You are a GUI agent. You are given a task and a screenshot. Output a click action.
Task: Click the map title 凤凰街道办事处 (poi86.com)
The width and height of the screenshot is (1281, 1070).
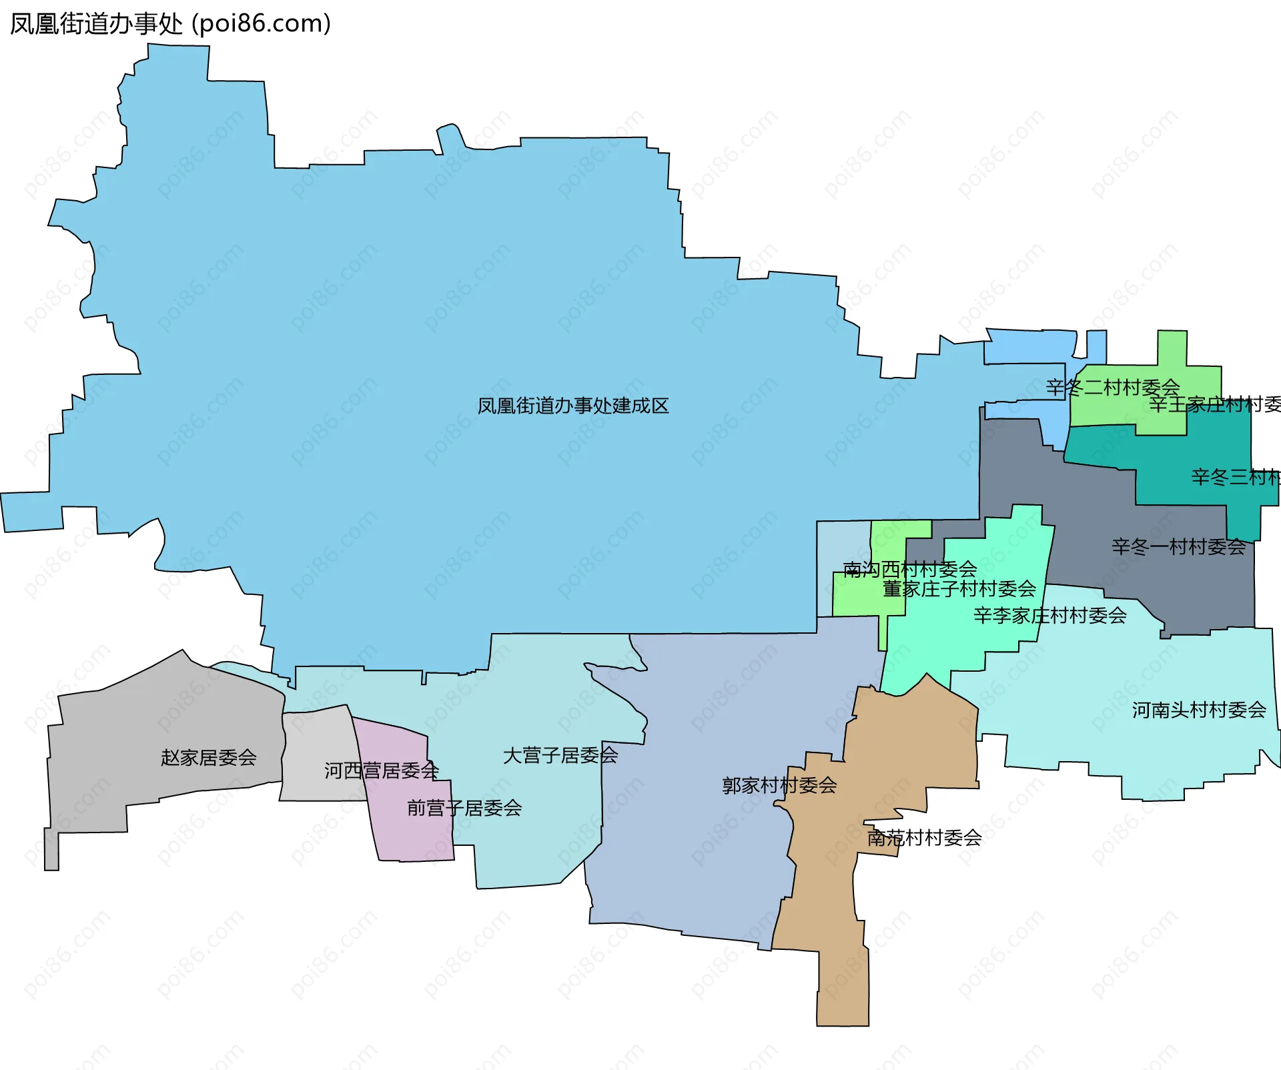coord(170,24)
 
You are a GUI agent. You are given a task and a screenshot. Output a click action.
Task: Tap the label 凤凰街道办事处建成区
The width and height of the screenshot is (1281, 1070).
coord(572,406)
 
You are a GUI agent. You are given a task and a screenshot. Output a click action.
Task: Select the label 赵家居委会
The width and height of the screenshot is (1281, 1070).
coord(208,758)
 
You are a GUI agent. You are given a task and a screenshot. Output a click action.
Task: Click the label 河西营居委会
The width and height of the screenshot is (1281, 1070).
coord(381,771)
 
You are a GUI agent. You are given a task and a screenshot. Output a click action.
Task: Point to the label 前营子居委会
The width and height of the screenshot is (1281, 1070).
coord(464,809)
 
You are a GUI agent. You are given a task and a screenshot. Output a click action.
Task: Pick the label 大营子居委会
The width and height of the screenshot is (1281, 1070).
coord(560,756)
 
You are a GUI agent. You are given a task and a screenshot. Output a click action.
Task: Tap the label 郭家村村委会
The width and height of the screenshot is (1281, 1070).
coord(779,786)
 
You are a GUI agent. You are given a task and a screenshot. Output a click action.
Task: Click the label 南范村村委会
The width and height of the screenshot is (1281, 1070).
coord(924,838)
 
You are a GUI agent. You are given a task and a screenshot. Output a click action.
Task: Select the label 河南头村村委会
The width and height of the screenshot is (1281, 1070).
coord(1199,710)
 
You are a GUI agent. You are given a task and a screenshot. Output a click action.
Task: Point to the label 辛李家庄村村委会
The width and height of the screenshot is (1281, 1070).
coord(1049,616)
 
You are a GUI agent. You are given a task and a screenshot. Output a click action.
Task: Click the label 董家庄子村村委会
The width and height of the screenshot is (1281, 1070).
coord(959,589)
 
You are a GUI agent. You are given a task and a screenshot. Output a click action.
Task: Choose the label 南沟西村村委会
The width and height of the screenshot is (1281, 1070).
coord(909,570)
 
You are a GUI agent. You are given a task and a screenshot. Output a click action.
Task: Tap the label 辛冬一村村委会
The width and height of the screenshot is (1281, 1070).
coord(1178,548)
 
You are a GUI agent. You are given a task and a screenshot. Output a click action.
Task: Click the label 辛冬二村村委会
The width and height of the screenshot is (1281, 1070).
coord(1112,388)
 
